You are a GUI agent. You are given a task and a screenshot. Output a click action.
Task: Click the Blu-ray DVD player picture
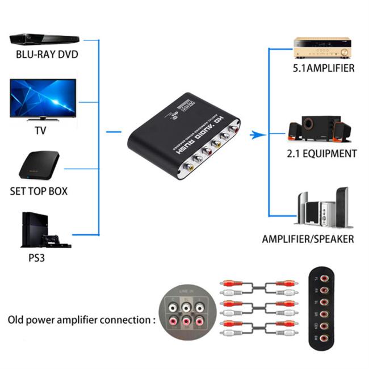pyautogui.click(x=44, y=39)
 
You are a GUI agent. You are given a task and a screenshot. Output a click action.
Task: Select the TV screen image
pyautogui.click(x=43, y=98)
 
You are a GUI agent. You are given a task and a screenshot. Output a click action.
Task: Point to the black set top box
pyautogui.click(x=39, y=165)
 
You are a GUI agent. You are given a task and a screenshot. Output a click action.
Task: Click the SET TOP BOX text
pyautogui.click(x=39, y=191)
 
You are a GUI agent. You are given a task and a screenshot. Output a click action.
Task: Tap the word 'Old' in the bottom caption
pyautogui.click(x=17, y=320)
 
